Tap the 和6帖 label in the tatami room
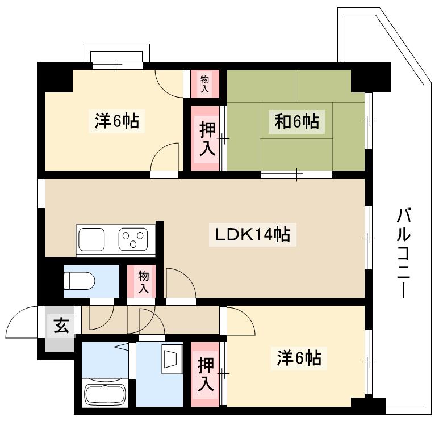point(296,121)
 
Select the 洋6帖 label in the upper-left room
point(116,120)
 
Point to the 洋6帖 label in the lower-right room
point(299,358)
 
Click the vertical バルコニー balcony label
point(404,253)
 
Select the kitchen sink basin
point(91,239)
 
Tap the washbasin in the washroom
point(170,359)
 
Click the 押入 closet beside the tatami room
point(205,138)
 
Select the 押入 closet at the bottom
point(205,374)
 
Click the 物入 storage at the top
point(204,84)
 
